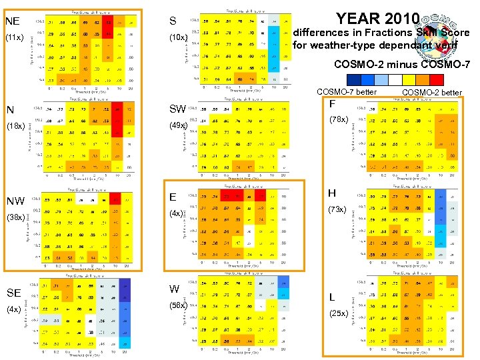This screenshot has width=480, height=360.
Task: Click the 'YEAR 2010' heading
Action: coord(378,18)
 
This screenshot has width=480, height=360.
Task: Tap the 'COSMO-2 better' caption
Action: coord(431,92)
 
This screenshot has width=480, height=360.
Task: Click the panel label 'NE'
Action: coord(13,21)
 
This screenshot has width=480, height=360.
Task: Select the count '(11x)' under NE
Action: coord(15,37)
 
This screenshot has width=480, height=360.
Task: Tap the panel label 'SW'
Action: coord(177,109)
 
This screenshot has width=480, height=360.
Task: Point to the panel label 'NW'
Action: coord(15,201)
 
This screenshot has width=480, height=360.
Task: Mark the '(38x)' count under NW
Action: coord(15,217)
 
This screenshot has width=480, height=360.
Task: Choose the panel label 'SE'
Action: coord(13,293)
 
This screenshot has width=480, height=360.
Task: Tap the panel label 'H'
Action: coord(331,193)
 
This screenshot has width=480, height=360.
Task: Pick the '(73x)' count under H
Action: coord(337,209)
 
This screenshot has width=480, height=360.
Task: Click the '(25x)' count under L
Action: coord(337,313)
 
